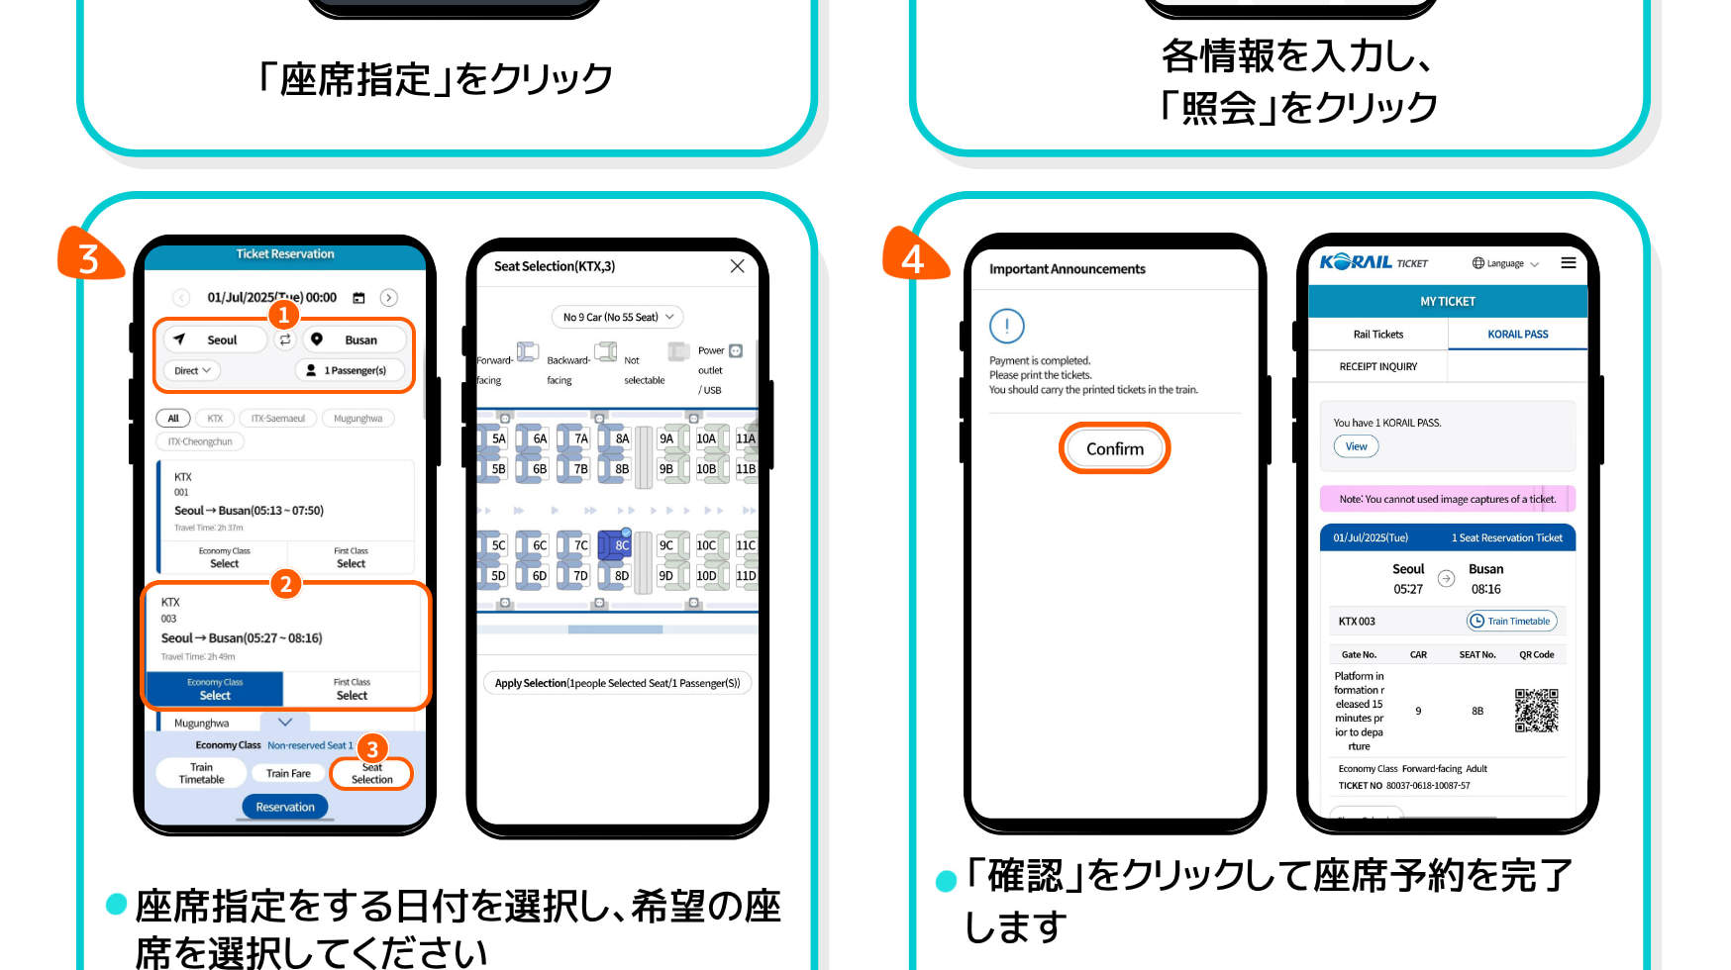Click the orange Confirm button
pyautogui.click(x=1114, y=448)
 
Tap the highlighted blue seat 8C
pyautogui.click(x=617, y=544)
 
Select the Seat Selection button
pyautogui.click(x=371, y=773)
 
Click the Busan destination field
pyautogui.click(x=355, y=339)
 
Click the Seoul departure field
pyautogui.click(x=215, y=339)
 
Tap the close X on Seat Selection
pyautogui.click(x=737, y=266)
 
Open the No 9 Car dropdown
pyautogui.click(x=617, y=317)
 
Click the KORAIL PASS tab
pyautogui.click(x=1517, y=335)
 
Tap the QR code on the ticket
pyautogui.click(x=1536, y=711)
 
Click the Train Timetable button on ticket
pyautogui.click(x=1511, y=621)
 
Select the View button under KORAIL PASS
pyautogui.click(x=1356, y=446)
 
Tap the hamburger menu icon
pyautogui.click(x=1569, y=262)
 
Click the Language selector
pyautogui.click(x=1504, y=263)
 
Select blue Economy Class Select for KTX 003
pyautogui.click(x=215, y=689)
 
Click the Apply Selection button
pyautogui.click(x=617, y=683)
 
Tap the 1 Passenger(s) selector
pyautogui.click(x=349, y=370)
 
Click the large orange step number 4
pyautogui.click(x=913, y=257)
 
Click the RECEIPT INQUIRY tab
pyautogui.click(x=1377, y=366)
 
